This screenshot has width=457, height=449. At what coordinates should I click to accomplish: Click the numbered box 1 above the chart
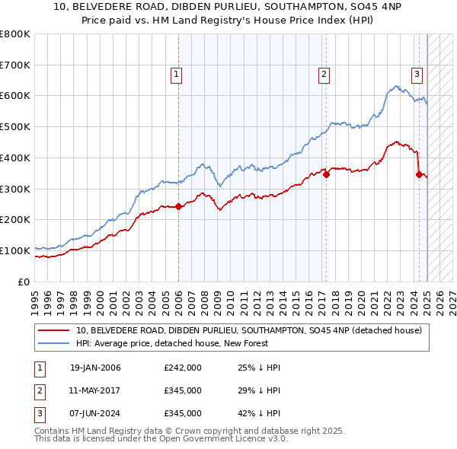coord(176,74)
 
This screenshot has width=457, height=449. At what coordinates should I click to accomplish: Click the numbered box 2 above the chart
coord(324,74)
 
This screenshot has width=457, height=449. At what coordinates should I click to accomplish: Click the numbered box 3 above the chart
coord(417,74)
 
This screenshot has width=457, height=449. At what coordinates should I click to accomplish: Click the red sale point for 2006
coord(178,206)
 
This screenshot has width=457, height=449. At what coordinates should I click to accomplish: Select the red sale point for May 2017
coord(326,174)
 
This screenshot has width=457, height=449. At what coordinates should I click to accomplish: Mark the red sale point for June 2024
coord(419,174)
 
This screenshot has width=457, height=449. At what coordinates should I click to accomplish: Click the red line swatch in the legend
coord(54,330)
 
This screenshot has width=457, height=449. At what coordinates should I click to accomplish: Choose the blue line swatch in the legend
coord(54,343)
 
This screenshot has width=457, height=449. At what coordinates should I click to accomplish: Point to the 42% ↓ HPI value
coord(259,413)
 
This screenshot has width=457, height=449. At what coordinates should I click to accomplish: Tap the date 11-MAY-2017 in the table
coord(95,391)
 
